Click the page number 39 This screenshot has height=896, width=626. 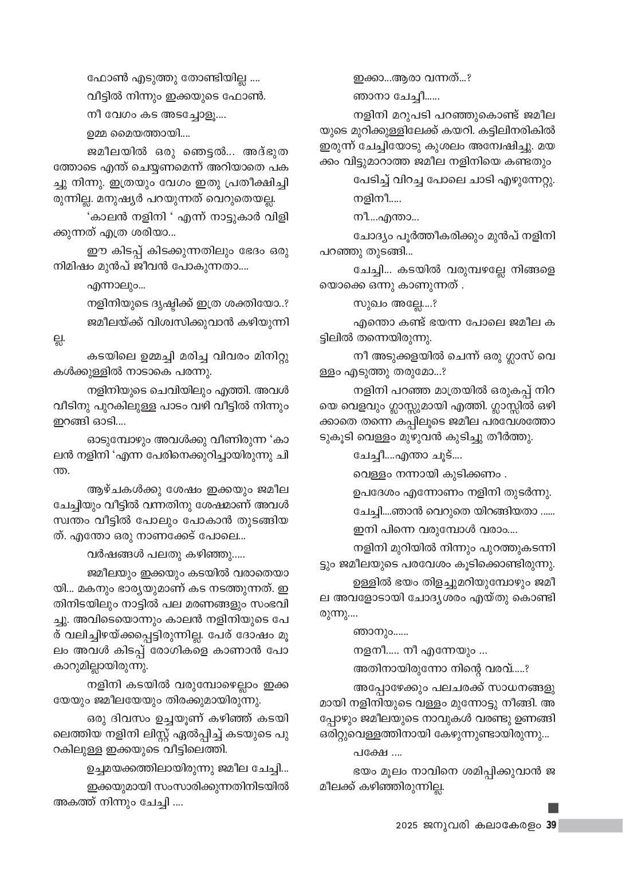click(551, 826)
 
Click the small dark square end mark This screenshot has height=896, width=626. click(553, 808)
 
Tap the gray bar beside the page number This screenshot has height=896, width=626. click(590, 826)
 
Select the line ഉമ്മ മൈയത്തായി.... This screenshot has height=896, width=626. click(139, 135)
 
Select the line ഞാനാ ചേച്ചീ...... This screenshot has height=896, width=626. click(396, 97)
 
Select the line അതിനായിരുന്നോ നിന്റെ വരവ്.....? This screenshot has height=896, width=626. click(441, 668)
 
